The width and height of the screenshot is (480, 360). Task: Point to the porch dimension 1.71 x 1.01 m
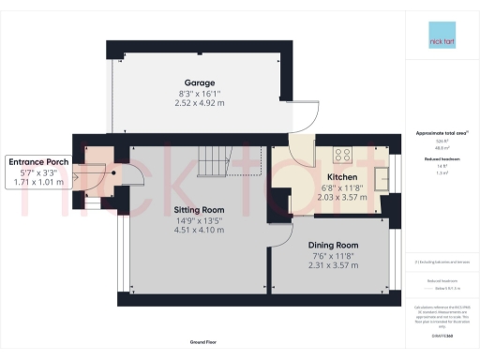[38, 182]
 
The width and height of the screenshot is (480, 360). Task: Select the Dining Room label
[332, 245]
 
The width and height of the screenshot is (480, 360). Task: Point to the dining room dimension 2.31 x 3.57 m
[332, 264]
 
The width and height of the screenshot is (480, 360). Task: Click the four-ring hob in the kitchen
[342, 157]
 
